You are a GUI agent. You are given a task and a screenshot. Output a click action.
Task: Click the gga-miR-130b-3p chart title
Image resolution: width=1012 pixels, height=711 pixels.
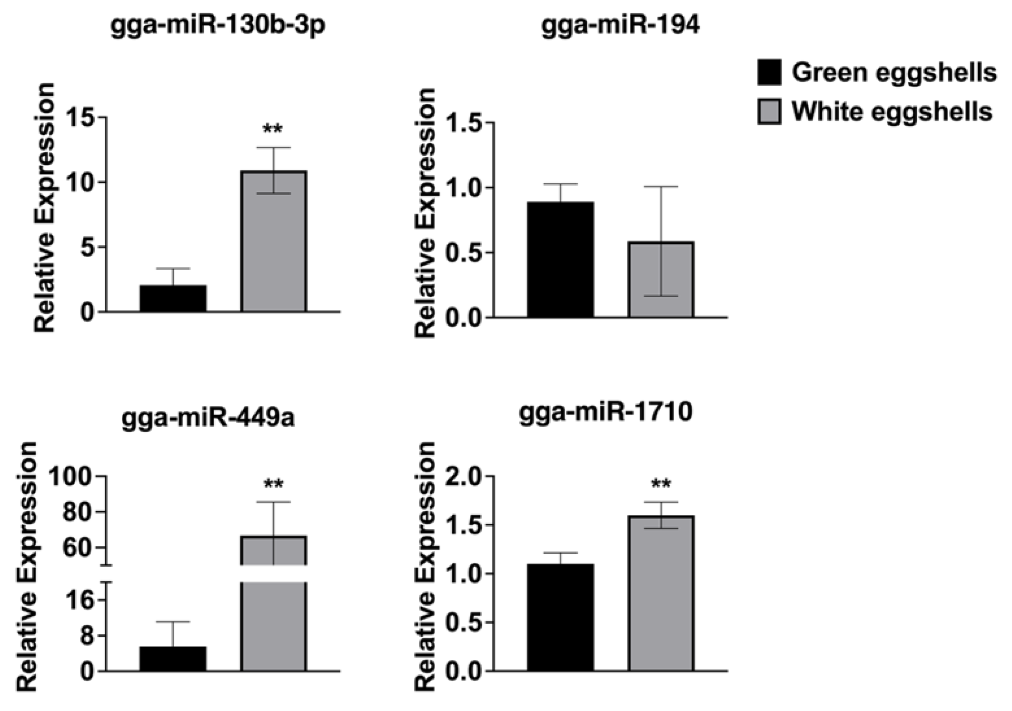click(218, 25)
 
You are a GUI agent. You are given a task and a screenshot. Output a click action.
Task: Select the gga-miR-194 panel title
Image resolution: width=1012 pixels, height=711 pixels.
click(620, 25)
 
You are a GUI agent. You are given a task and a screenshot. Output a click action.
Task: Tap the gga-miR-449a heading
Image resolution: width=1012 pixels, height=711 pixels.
click(208, 418)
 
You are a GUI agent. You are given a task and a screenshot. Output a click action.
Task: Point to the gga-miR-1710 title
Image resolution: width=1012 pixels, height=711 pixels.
click(605, 412)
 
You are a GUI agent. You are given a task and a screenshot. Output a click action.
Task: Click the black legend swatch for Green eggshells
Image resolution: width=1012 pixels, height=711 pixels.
click(769, 72)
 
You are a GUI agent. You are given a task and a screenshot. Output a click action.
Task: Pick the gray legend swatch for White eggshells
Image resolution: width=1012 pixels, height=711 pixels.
click(769, 111)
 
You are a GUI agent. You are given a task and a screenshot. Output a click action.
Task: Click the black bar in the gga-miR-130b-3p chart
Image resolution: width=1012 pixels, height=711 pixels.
click(173, 299)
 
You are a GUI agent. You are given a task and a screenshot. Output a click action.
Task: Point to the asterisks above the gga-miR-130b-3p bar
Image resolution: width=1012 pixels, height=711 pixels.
click(273, 129)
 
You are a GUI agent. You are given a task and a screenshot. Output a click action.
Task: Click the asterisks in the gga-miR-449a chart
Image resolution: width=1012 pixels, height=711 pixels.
click(274, 485)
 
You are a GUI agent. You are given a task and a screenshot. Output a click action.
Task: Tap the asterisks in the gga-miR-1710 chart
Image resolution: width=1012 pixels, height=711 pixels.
click(661, 485)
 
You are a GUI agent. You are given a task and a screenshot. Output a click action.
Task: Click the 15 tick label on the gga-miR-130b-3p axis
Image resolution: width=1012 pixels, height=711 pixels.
click(80, 118)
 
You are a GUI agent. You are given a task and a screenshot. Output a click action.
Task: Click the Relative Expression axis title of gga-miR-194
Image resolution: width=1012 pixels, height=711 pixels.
click(426, 213)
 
